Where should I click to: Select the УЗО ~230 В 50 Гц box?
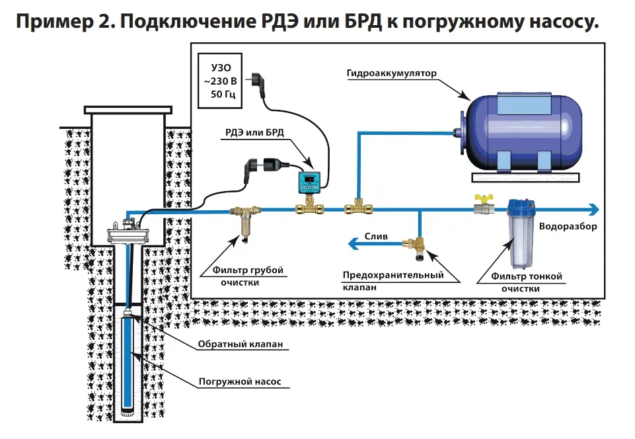tap(221, 81)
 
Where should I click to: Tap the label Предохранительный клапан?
tap(392, 281)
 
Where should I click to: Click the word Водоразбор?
tap(568, 226)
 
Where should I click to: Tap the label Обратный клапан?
tap(235, 345)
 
